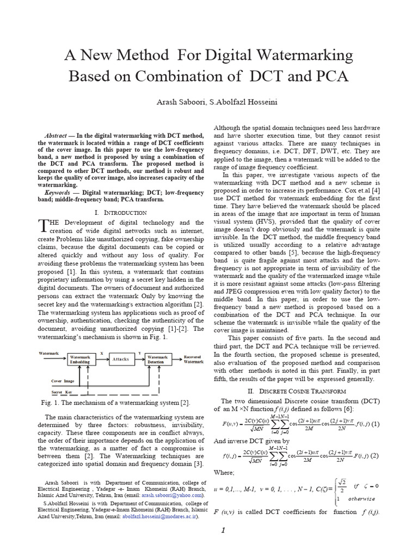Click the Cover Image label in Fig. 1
63,381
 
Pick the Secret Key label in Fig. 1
62,392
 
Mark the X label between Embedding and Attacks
101,354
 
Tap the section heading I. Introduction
120,212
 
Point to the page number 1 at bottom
223,531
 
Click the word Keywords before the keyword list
57,193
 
